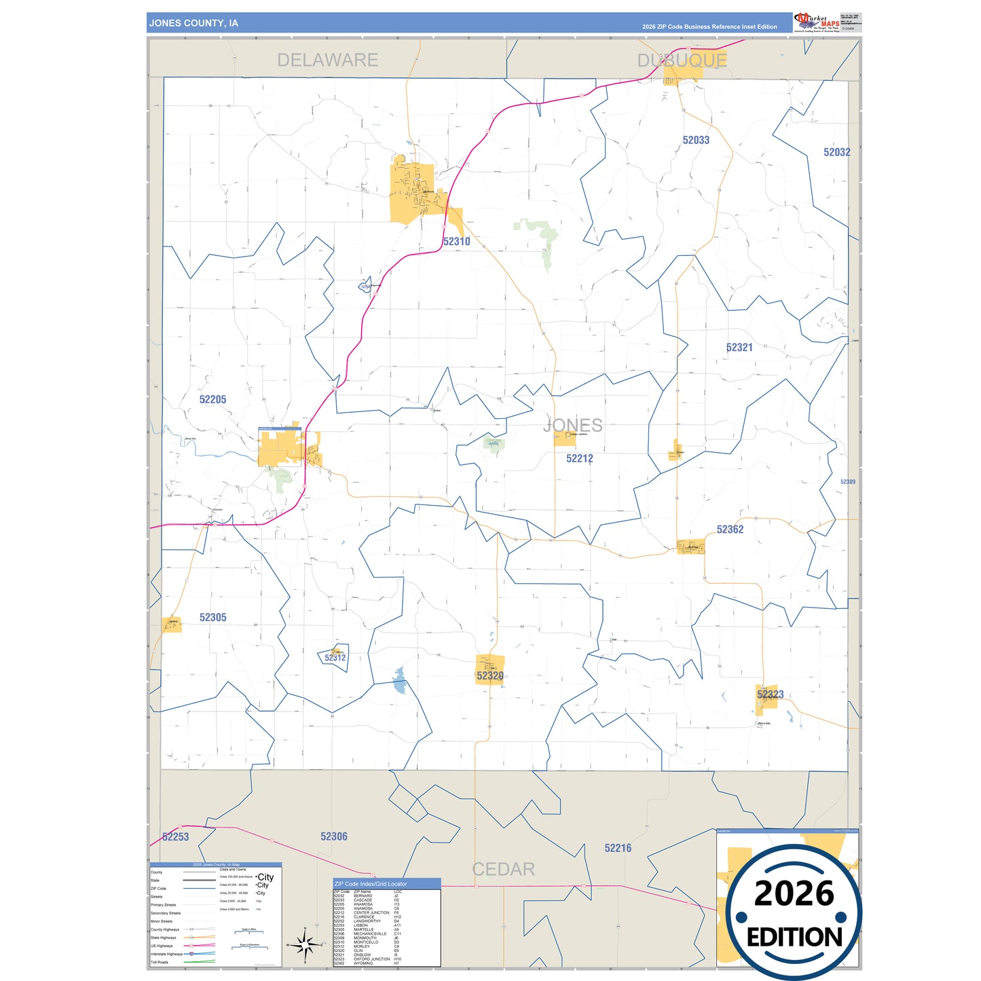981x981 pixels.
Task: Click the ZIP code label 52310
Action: coord(456,242)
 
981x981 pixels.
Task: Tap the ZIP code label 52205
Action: coord(212,400)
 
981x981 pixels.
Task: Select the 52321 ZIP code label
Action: coord(739,348)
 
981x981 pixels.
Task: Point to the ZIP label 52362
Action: coord(730,530)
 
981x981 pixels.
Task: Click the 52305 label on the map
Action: coord(212,618)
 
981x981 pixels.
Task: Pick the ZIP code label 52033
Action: coord(696,141)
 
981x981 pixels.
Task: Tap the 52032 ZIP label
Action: coord(836,153)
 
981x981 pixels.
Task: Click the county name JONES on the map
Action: coord(572,426)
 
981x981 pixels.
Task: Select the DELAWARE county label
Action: coord(327,60)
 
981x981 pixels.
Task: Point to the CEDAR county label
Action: coord(503,869)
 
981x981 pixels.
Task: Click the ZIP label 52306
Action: coord(333,836)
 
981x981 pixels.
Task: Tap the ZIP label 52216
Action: coord(618,848)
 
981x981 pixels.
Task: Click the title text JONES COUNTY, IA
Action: coord(193,23)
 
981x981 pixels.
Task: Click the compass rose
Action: coord(305,944)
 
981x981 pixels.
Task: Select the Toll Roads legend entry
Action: coord(160,962)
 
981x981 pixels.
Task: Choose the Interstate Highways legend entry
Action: coord(167,954)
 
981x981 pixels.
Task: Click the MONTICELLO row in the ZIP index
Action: coord(366,942)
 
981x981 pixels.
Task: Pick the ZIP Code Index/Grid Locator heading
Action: coord(371,884)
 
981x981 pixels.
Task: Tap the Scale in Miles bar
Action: coord(248,933)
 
